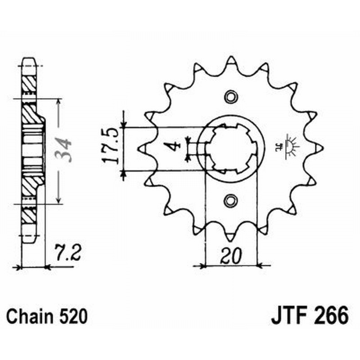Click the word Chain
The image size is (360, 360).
28,317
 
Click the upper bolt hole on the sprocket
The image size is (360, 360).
230,96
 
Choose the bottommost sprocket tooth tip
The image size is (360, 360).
230,237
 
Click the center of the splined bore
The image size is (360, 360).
230,148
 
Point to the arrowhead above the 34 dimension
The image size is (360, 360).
58,102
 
